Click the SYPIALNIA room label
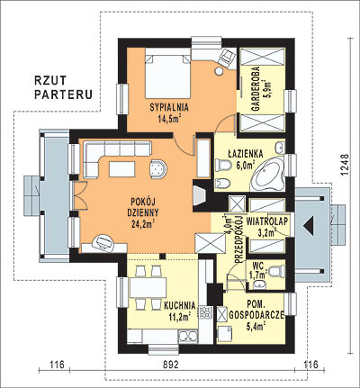(169, 107)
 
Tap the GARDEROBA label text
(256, 89)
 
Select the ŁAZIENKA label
(246, 154)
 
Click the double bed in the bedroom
(168, 77)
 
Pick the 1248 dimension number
(346, 165)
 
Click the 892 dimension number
(171, 365)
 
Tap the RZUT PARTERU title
(63, 87)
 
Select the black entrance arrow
(309, 226)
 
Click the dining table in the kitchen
(148, 287)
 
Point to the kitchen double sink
(188, 337)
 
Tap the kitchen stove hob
(205, 312)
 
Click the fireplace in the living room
(200, 195)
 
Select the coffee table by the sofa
(122, 169)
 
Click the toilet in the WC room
(276, 271)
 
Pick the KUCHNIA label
(180, 306)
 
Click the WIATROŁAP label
(267, 221)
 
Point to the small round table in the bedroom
(220, 71)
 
